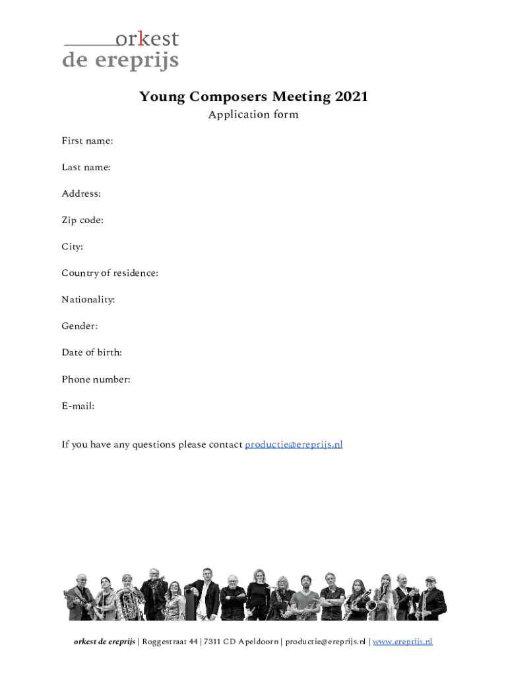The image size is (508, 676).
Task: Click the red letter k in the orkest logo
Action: click(x=141, y=40)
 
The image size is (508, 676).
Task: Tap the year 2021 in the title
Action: click(x=351, y=97)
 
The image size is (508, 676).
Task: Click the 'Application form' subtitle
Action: click(x=253, y=115)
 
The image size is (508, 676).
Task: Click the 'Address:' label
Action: click(x=81, y=193)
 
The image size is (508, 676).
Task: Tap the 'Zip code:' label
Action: click(x=82, y=220)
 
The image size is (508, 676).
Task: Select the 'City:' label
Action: click(x=73, y=246)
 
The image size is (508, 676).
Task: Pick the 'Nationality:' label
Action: click(x=88, y=300)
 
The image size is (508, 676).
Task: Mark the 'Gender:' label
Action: click(x=80, y=326)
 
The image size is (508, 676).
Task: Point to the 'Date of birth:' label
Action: click(x=92, y=353)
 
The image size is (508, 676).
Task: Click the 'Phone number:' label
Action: click(x=96, y=379)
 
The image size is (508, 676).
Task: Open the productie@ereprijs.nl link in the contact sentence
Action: click(x=294, y=444)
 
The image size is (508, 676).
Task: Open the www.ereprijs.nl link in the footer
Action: click(x=402, y=642)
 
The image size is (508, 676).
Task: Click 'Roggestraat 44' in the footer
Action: click(x=169, y=642)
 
